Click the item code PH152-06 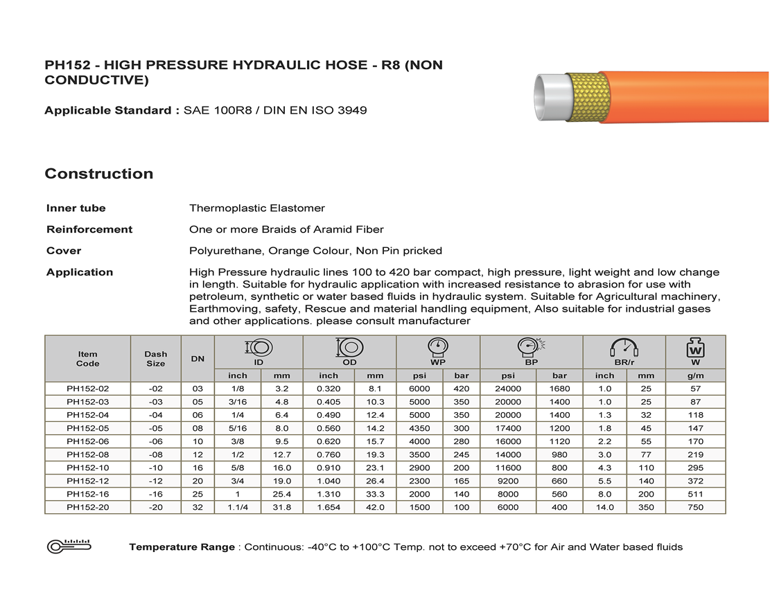87,441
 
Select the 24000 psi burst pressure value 508,389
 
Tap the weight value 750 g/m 695,507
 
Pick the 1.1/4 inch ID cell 238,507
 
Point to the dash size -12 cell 155,481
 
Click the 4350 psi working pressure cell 419,428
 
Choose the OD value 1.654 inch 329,507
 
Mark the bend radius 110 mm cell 645,468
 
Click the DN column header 198,358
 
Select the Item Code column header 87,358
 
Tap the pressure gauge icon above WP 437,346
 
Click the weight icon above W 695,346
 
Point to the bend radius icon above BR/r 624,346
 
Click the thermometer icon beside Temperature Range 69,547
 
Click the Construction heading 99,174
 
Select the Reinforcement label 89,229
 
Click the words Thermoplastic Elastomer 256,208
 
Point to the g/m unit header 695,375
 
